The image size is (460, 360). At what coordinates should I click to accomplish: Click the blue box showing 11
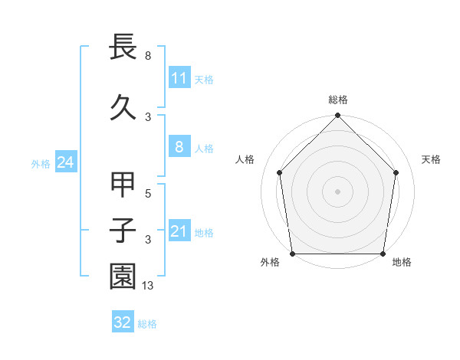coord(179,78)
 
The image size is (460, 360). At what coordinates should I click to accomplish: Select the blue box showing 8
coord(179,148)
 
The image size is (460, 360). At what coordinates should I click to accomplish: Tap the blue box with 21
coord(179,231)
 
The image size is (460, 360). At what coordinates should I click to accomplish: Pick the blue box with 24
coord(65,162)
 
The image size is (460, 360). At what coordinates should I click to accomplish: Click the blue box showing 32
coord(122,322)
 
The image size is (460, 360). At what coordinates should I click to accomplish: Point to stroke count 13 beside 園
coord(148,286)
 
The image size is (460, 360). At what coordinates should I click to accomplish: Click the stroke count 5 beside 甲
coord(148,194)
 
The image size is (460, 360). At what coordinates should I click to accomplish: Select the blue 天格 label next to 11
coord(204,80)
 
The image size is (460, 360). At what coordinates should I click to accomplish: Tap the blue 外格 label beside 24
coord(41,163)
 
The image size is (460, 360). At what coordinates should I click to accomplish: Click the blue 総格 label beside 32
coord(147,323)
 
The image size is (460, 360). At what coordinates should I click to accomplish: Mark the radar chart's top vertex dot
coord(337,116)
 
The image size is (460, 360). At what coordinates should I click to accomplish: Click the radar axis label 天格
coord(431,159)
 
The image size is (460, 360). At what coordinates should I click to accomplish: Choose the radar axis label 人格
coord(245,159)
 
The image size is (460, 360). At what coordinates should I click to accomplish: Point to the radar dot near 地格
coord(383,254)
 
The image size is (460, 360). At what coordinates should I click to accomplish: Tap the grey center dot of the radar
coord(337,191)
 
